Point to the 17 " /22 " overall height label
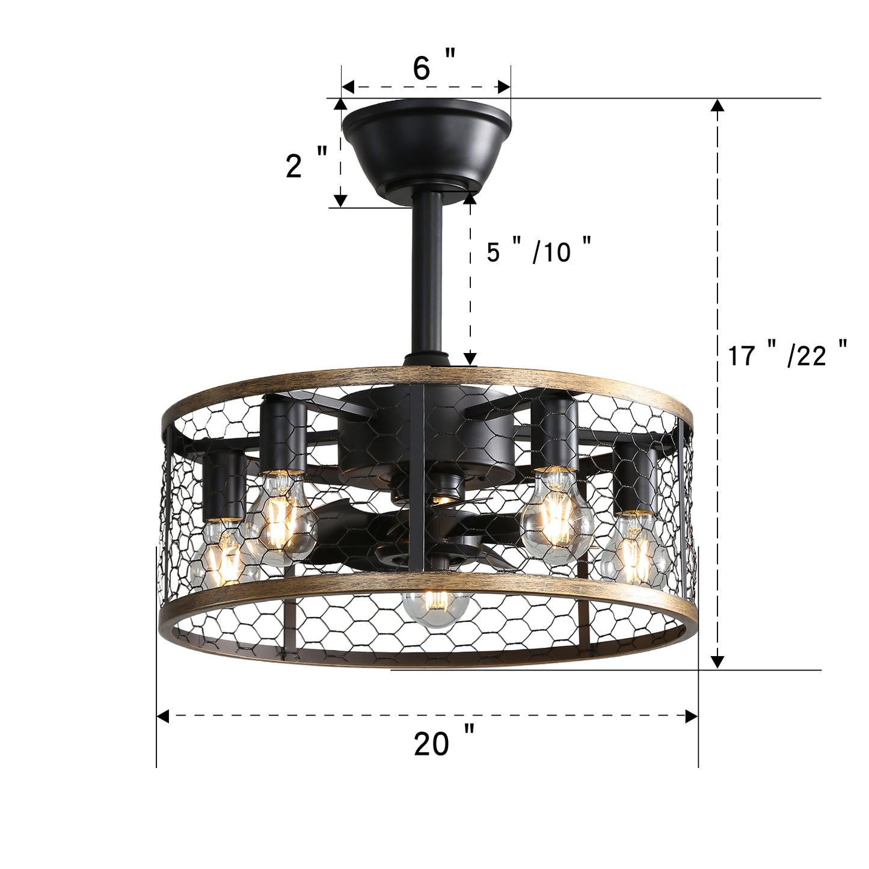point(787,355)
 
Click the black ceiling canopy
point(426,144)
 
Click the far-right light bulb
point(633,547)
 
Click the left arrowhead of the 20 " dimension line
point(162,716)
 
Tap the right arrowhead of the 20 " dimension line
point(692,716)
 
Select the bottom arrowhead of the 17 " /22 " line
point(716,662)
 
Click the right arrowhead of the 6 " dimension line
point(504,87)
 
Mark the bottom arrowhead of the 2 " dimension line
point(340,200)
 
